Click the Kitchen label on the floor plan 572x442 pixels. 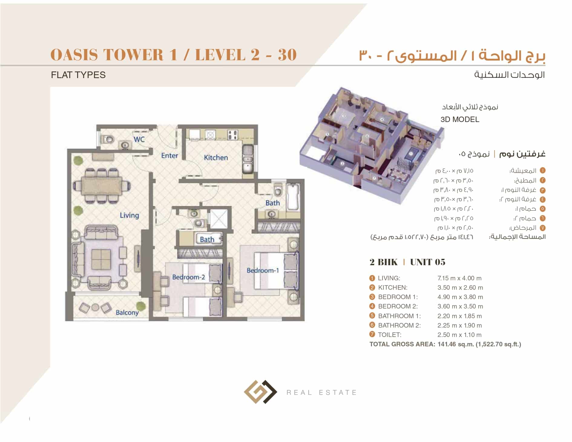coord(215,157)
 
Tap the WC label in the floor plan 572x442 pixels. coord(139,139)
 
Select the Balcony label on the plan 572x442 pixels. coord(127,312)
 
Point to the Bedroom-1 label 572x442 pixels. coord(262,270)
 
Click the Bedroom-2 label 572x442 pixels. coord(188,277)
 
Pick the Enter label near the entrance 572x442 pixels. coord(169,156)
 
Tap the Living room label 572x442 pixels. coord(129,215)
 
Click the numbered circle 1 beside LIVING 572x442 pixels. coord(372,278)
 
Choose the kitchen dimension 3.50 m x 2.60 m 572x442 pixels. coord(460,287)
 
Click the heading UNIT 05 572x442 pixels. coord(428,262)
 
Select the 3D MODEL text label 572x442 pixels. coord(460,119)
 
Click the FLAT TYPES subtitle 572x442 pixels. coord(78,75)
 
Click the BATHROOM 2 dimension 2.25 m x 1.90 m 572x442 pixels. coord(459,325)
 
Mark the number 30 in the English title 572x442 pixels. coord(287,55)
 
